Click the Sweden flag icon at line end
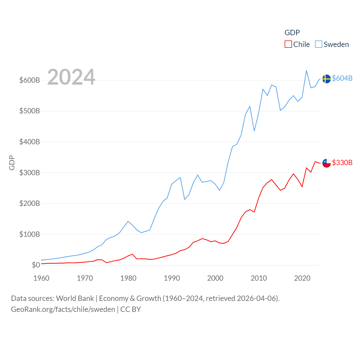click(x=326, y=79)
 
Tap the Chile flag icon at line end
click(x=326, y=163)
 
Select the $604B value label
click(x=342, y=78)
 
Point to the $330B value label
click(x=342, y=163)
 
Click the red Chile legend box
click(x=288, y=44)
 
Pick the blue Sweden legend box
click(x=318, y=44)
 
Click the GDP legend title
click(x=292, y=33)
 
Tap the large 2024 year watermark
click(x=71, y=77)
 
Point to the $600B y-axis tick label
click(x=30, y=80)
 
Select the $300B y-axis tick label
click(x=30, y=173)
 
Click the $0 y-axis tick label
click(x=36, y=265)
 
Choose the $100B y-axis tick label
click(x=30, y=234)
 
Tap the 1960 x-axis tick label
click(x=41, y=278)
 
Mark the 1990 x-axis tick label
click(x=172, y=278)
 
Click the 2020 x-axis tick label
click(x=302, y=278)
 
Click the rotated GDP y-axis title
click(x=12, y=163)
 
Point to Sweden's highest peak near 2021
click(x=306, y=71)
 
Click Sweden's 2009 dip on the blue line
click(x=254, y=131)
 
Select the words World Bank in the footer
click(x=75, y=298)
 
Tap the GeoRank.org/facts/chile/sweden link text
click(x=63, y=309)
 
